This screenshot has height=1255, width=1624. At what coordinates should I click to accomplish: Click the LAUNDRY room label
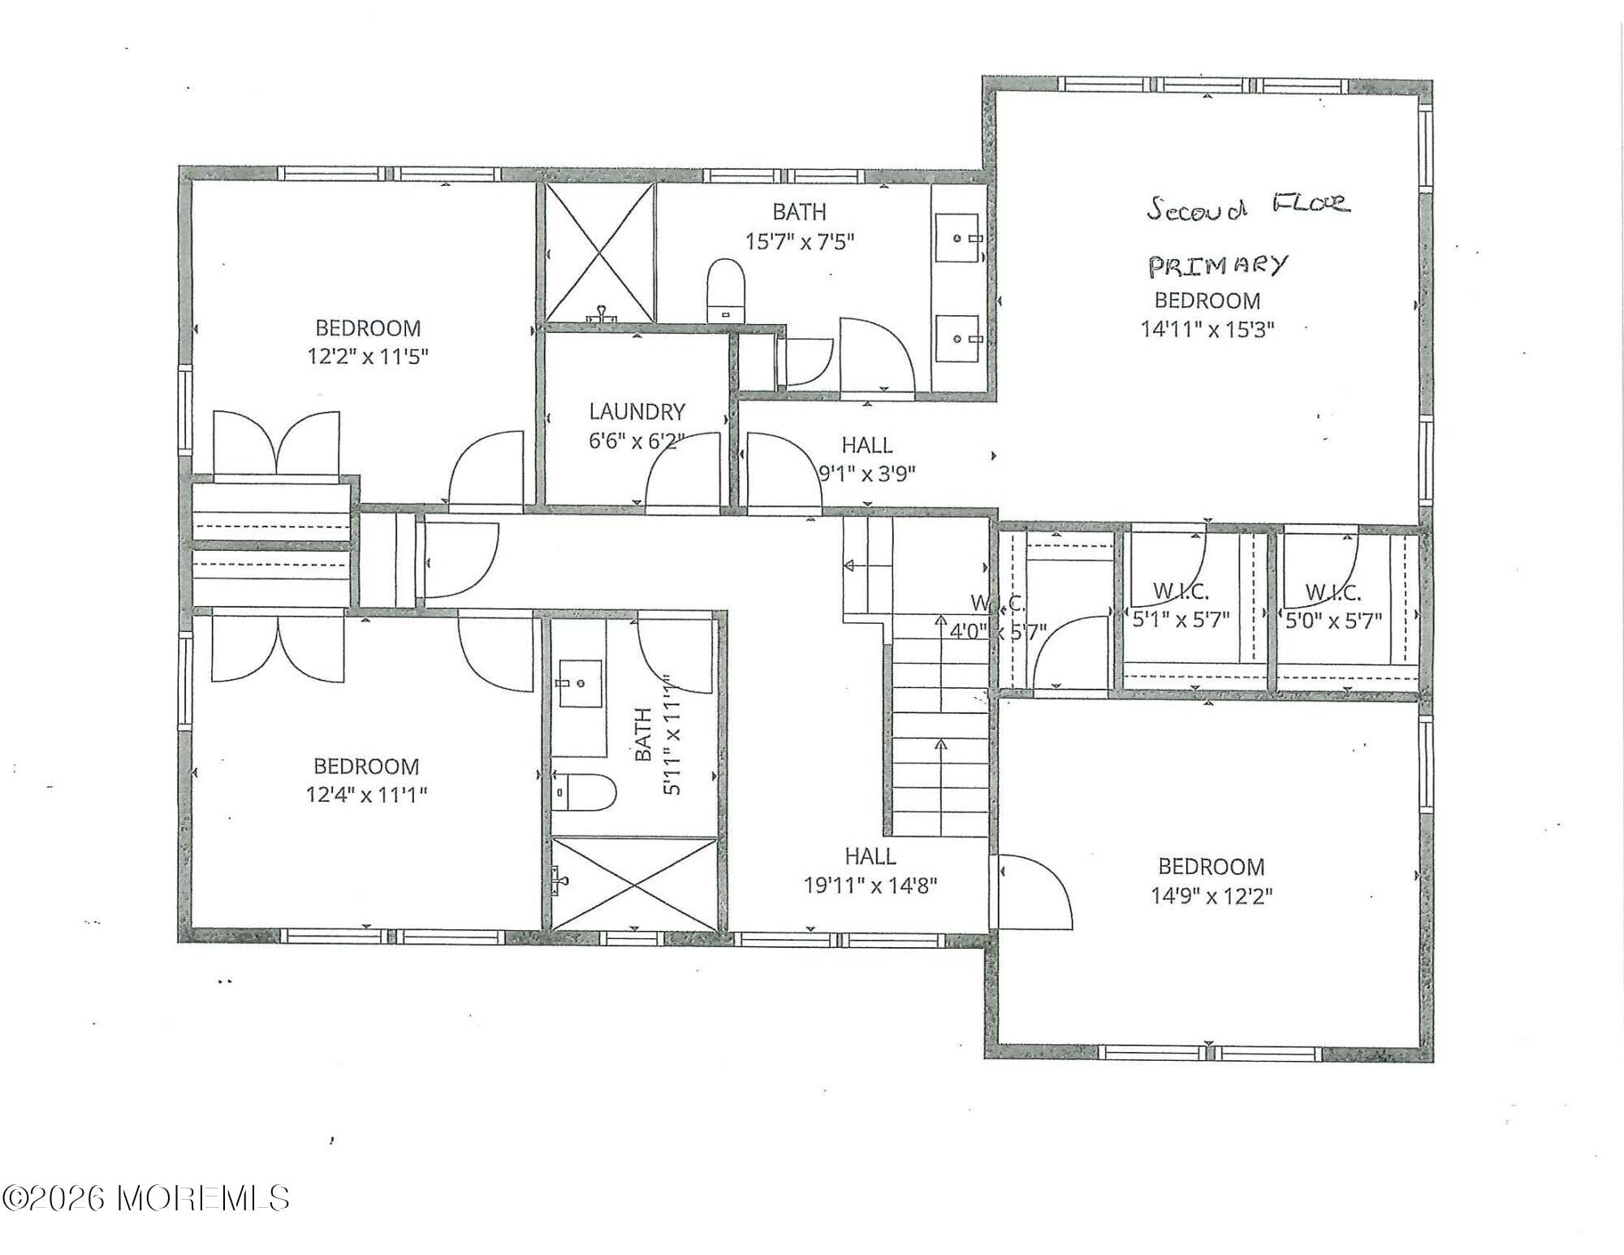pos(637,411)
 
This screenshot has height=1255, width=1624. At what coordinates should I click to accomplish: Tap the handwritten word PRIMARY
pos(1217,266)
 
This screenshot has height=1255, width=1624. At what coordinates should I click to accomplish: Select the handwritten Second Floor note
pos(1248,206)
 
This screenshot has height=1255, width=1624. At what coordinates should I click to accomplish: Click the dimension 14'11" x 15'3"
pos(1207,329)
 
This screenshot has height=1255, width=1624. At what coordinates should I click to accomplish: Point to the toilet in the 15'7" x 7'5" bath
pos(725,291)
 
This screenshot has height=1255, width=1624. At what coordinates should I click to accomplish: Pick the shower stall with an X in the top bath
pos(599,253)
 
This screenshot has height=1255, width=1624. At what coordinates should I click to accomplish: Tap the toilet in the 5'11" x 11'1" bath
pos(587,792)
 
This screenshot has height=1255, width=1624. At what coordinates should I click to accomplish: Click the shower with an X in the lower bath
pos(633,882)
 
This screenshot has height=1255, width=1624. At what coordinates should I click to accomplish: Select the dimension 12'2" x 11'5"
pos(367,357)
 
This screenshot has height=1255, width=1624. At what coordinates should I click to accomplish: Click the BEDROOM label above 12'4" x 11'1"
pos(366,766)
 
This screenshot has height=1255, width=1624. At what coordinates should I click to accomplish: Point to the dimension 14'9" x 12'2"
pos(1211,895)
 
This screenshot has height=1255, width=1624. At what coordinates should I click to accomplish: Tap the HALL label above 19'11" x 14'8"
pos(870,855)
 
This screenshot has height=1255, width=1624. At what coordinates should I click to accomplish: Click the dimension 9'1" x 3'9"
pos(866,474)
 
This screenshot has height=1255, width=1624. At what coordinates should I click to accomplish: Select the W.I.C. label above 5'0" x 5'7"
pos(1332,592)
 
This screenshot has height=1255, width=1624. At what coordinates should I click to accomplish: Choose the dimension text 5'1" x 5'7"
pos(1181,620)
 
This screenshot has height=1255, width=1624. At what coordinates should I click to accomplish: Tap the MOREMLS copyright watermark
pos(146,1197)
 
